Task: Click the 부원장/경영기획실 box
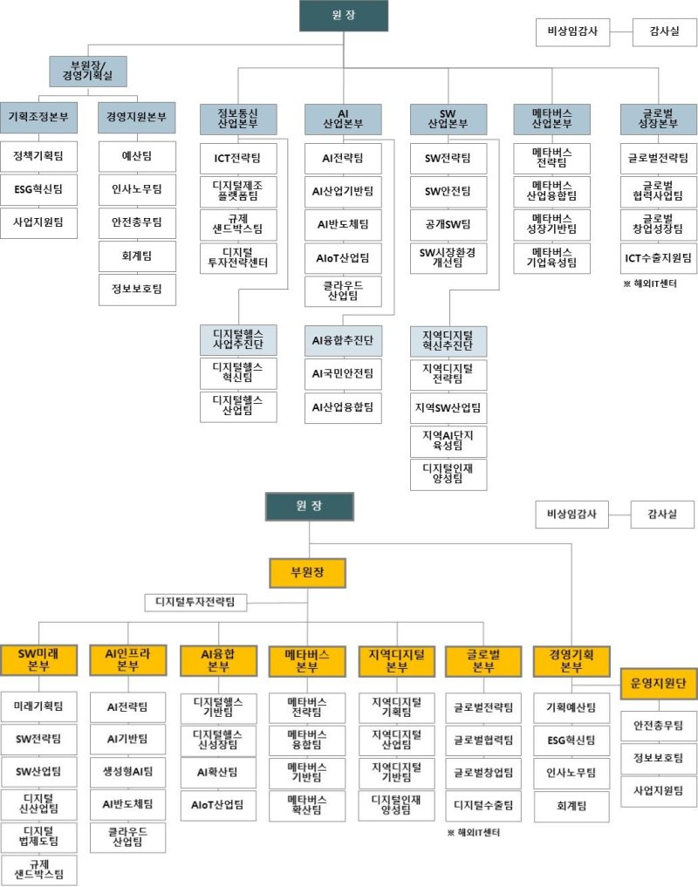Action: [x=87, y=72]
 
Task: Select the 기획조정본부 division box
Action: [x=39, y=116]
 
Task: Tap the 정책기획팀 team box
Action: [x=39, y=157]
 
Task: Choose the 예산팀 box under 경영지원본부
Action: [x=137, y=157]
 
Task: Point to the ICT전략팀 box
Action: [x=238, y=159]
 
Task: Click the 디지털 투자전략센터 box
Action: [x=238, y=258]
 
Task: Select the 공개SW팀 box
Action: [x=448, y=224]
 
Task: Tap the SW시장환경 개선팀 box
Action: [x=448, y=258]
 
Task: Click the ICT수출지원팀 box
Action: [x=659, y=257]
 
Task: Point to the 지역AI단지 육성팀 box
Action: [x=448, y=439]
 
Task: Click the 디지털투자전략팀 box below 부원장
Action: [x=195, y=602]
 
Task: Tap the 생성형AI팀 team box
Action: [x=128, y=771]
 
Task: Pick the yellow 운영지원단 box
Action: [x=659, y=683]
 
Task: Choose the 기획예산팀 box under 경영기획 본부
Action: [x=571, y=707]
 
